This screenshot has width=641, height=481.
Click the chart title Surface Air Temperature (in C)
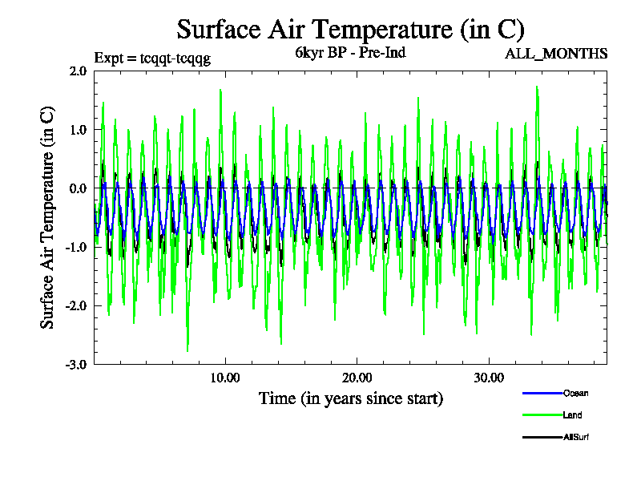click(x=350, y=30)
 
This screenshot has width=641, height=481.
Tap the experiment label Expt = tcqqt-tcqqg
click(x=152, y=58)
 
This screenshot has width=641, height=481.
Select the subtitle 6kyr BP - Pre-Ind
click(x=351, y=55)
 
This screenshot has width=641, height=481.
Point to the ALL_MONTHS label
click(x=556, y=54)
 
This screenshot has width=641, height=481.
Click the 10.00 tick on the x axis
click(x=225, y=378)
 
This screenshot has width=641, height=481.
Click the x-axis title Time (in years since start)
click(x=351, y=398)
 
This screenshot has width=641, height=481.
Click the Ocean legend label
click(x=575, y=394)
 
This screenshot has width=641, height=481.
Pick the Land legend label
click(x=572, y=415)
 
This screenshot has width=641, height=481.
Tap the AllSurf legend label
click(x=577, y=437)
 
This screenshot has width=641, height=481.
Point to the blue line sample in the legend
click(x=541, y=394)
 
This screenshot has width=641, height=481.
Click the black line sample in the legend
click(x=541, y=437)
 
